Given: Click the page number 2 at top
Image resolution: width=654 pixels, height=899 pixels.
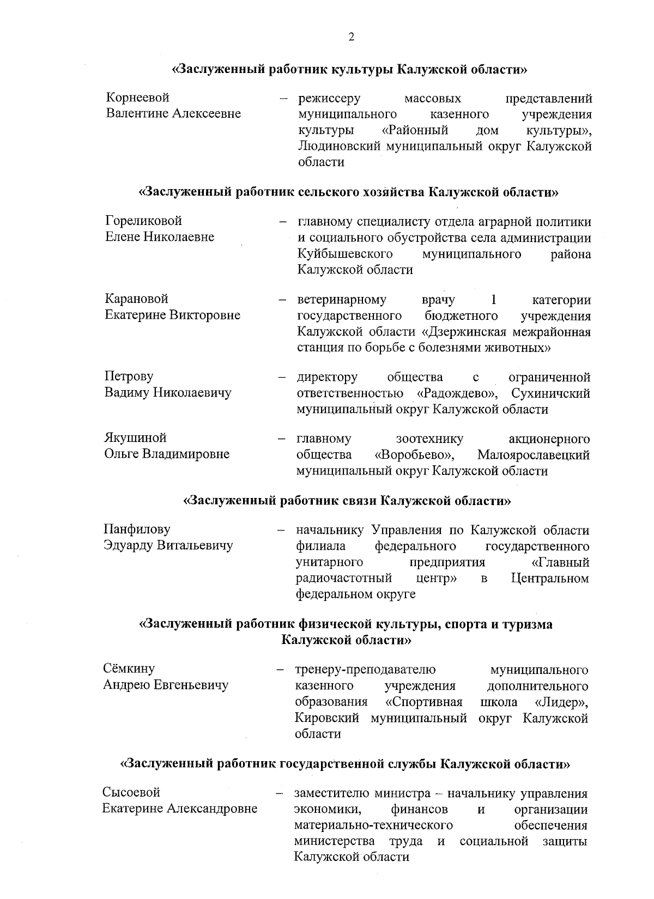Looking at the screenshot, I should (351, 37).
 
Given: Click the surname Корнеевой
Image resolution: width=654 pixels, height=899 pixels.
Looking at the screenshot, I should (138, 98).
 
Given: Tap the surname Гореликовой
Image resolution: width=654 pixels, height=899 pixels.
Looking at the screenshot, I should (143, 221).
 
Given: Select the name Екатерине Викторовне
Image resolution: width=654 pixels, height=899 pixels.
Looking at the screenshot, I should (172, 315).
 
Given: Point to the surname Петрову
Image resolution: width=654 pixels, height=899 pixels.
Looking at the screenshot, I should (129, 376).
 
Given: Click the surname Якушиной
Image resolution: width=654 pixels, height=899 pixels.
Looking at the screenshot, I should (135, 438).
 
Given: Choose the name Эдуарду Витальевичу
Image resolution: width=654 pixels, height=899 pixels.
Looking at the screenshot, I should (168, 545).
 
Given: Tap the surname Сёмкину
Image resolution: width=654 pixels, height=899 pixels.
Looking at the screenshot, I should (129, 668).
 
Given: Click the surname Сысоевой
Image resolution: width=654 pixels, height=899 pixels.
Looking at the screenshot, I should (131, 792).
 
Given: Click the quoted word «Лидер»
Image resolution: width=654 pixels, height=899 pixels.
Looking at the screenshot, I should (562, 701).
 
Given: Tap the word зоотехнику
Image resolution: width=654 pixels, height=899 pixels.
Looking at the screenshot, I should (429, 439).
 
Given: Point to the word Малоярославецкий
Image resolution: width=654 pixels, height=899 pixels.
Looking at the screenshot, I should (533, 454).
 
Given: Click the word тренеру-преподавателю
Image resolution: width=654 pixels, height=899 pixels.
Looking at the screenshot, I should (365, 669).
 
